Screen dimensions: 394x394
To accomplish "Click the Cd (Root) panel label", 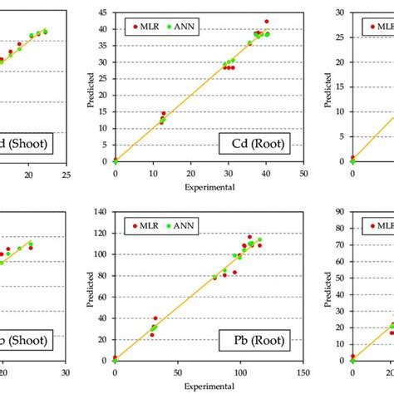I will point(260,145).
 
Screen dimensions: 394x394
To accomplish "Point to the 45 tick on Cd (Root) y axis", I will point(104,13).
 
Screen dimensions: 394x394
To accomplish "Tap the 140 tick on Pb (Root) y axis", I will point(101,211).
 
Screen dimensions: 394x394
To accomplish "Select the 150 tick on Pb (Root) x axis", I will point(303,372).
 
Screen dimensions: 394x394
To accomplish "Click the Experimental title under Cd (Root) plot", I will point(209,187).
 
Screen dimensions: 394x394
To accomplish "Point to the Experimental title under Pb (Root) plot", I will point(209,386).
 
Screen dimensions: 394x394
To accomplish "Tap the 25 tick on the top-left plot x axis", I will point(66,174).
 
